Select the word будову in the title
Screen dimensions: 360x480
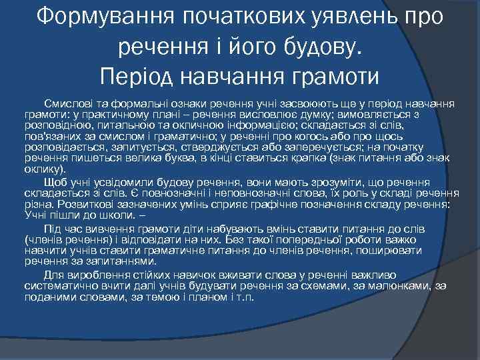[317, 46]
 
